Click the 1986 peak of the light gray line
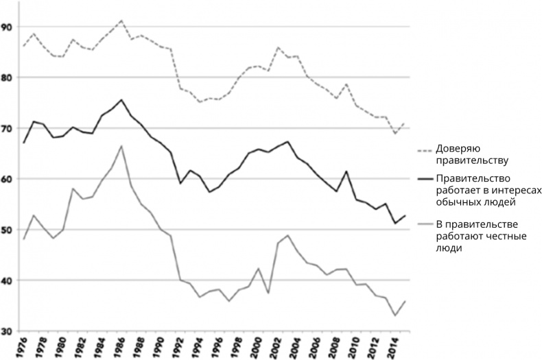[121, 145]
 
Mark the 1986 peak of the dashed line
[121, 21]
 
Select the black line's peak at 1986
[121, 99]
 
